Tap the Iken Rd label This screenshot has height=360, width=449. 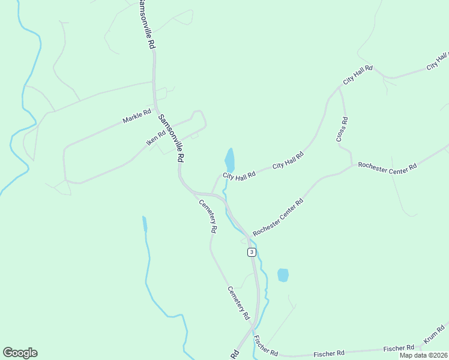click(x=155, y=138)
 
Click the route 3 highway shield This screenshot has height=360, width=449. click(x=252, y=252)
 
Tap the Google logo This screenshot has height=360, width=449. click(x=20, y=353)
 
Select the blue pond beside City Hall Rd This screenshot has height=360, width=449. click(x=229, y=160)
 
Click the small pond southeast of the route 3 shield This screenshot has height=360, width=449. click(x=283, y=275)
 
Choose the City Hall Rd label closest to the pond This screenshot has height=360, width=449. click(x=240, y=175)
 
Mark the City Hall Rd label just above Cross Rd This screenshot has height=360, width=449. click(x=358, y=75)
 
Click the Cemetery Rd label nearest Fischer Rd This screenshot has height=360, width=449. click(x=238, y=302)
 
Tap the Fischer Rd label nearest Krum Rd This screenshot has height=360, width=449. click(x=399, y=349)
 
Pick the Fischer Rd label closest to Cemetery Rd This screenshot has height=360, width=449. click(x=265, y=345)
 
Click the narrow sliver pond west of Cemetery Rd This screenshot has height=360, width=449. click(x=144, y=224)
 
